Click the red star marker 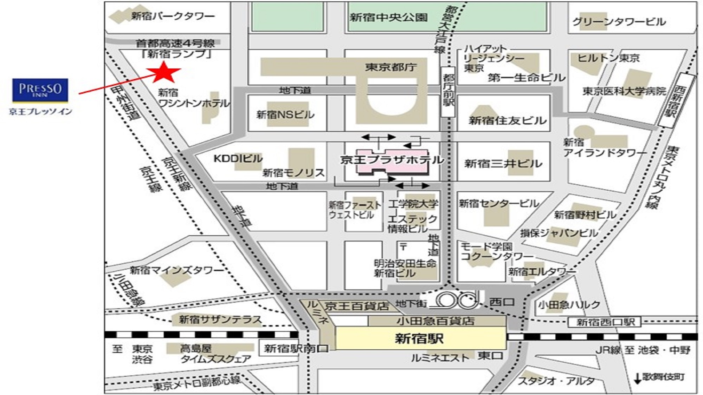point(163,72)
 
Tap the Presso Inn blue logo point(40,90)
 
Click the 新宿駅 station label point(419,338)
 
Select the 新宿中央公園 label point(388,17)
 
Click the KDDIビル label point(238,158)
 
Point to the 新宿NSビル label point(285,114)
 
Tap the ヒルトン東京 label point(608,58)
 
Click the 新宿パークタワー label point(173,16)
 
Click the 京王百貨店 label point(356,306)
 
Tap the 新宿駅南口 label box point(296,348)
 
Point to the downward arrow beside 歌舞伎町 point(637,378)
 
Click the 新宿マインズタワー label point(176,270)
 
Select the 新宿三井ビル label point(503,164)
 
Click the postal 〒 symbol point(403,246)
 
